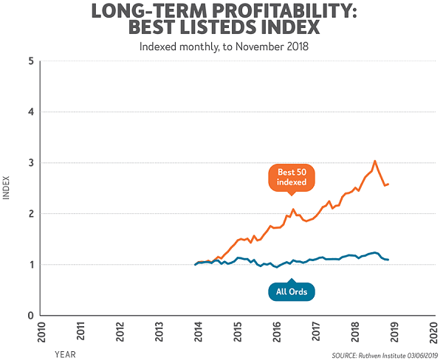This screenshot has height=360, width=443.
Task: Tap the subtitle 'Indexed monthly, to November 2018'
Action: pos(221,46)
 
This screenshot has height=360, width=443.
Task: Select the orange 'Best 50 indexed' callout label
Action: pos(290,178)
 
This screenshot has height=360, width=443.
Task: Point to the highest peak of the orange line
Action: pos(375,161)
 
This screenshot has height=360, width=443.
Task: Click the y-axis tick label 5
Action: pos(31,61)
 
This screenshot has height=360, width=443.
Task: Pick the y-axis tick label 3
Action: pos(31,163)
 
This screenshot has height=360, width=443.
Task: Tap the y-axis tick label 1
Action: pos(31,265)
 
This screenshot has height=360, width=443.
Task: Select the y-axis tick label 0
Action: pos(31,315)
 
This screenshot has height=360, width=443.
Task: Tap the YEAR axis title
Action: pos(64,354)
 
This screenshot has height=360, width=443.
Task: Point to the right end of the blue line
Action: pos(388,260)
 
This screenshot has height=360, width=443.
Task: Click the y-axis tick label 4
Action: pos(31,112)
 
